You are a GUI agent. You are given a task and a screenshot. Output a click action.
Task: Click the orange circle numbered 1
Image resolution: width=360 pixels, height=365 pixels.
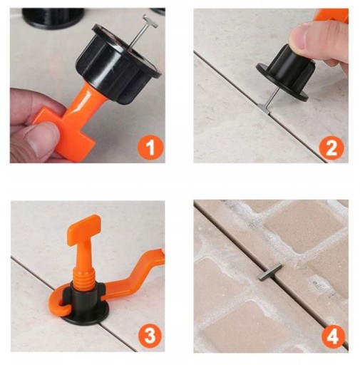coord(150,148)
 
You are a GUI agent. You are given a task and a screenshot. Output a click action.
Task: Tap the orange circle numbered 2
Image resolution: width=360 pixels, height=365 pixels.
coord(331,148)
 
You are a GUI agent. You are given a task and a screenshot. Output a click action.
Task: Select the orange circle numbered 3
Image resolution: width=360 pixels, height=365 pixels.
coord(150,336)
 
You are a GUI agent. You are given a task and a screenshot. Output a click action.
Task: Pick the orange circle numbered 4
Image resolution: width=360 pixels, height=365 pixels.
coord(333,336)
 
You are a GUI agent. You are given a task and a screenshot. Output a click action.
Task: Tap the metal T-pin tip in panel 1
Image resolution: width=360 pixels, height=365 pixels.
coord(150,21)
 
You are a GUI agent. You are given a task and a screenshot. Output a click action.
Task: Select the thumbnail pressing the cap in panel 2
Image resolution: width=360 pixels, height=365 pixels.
coord(299,36)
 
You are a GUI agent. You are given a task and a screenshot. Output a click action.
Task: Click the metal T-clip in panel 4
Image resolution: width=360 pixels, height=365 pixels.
coord(269,272)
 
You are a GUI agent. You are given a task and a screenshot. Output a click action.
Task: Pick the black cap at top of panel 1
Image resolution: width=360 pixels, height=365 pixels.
coord(53,18)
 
